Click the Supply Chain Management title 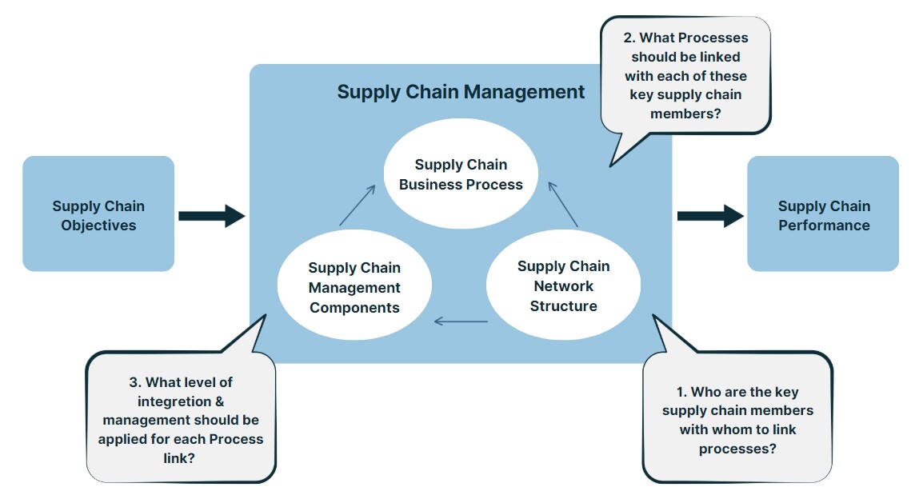[x=461, y=92]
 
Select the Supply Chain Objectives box [x=98, y=214]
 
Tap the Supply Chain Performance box [x=823, y=214]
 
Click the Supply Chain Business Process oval [x=461, y=174]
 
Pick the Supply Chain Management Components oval [x=354, y=288]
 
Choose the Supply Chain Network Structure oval [x=563, y=286]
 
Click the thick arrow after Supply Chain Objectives [x=211, y=215]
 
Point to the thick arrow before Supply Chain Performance [x=710, y=215]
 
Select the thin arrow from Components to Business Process [x=358, y=205]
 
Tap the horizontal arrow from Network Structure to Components [x=461, y=321]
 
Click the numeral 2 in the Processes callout [x=629, y=38]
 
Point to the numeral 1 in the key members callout [x=681, y=392]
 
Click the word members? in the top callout [x=685, y=114]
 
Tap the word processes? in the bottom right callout [x=736, y=449]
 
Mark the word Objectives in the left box [x=98, y=226]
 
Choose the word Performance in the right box [x=824, y=226]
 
